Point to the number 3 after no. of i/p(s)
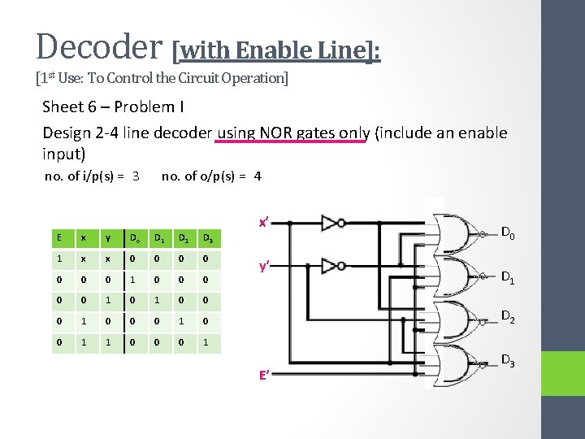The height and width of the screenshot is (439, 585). click(x=136, y=176)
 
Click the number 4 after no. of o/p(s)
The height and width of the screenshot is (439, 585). click(x=258, y=176)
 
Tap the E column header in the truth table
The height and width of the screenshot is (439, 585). click(x=58, y=237)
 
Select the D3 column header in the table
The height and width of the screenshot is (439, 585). click(x=207, y=237)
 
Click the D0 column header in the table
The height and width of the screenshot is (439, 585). click(x=133, y=237)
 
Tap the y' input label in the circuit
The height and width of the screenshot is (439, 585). click(x=265, y=266)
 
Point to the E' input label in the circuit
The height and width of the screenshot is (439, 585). click(x=265, y=376)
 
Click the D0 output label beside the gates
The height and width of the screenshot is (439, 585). click(x=508, y=234)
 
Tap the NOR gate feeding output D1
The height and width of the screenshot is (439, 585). click(x=455, y=276)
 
